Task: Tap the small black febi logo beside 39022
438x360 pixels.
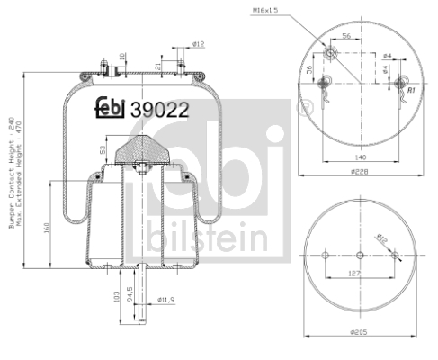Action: tap(111, 107)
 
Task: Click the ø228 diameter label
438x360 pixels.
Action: tap(360, 172)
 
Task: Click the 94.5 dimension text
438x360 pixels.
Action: tap(131, 293)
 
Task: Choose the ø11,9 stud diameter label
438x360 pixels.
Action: tap(166, 299)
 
